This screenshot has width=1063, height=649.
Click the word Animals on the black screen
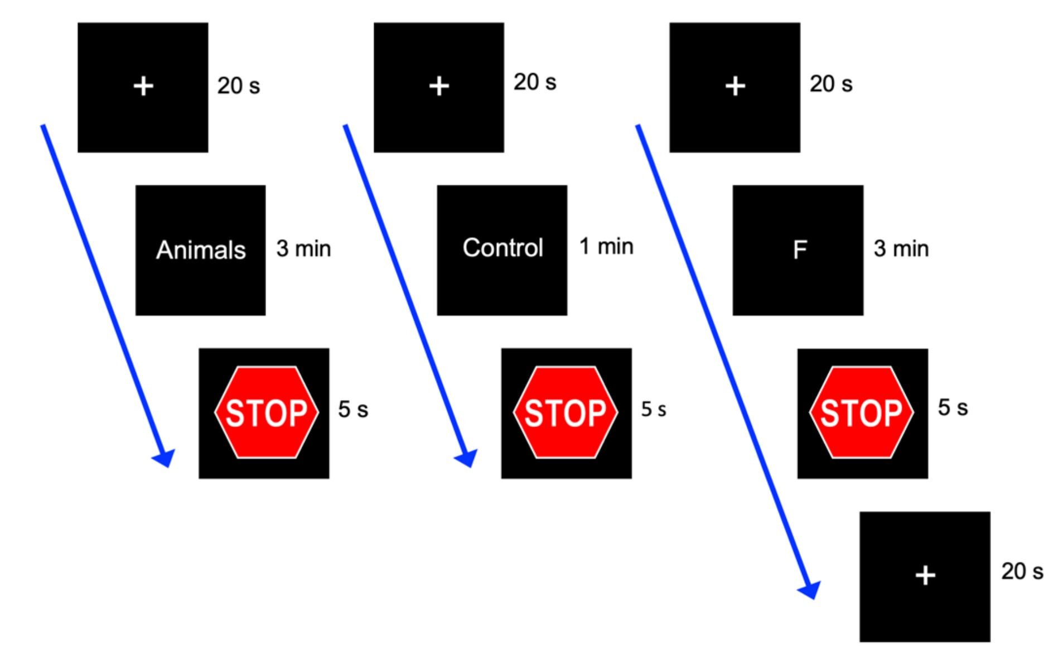[x=201, y=250]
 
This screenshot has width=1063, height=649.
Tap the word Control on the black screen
[x=502, y=248]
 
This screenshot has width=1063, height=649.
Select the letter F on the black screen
[x=799, y=250]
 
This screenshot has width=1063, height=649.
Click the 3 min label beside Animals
[x=303, y=249]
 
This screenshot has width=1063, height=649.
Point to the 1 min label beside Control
[x=606, y=246]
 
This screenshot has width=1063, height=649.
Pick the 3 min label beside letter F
[x=901, y=249]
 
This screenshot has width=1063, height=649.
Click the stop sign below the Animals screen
[x=266, y=412]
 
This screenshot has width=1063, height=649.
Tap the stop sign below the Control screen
[x=565, y=412]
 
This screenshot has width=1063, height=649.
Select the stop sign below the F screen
[x=861, y=412]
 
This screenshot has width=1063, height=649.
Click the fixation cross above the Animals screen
[x=143, y=86]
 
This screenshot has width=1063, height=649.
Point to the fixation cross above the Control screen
[x=439, y=86]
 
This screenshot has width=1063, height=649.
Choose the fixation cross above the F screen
[x=735, y=86]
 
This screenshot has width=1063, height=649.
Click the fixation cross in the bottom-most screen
[x=925, y=575]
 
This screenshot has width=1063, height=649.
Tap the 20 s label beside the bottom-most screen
[x=1022, y=571]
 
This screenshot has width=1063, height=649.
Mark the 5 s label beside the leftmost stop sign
[x=353, y=410]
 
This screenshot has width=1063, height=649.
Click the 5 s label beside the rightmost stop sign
[x=953, y=407]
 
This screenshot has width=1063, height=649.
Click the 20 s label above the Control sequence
[x=534, y=82]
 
